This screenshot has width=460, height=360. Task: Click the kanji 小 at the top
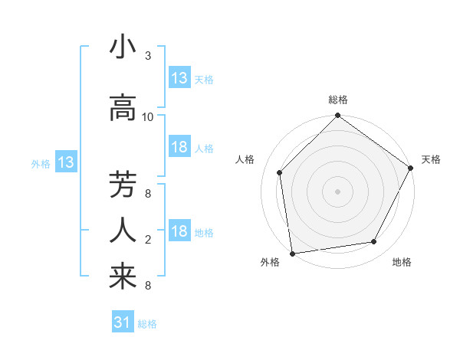123,47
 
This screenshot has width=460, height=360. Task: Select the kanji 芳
123,185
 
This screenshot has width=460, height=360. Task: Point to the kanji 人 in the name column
123,231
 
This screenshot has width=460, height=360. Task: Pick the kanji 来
123,277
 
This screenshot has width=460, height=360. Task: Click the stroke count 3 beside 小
148,56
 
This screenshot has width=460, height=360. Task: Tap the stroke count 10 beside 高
148,117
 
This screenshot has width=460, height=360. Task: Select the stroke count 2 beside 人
148,240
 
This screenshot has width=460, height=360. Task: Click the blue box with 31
122,322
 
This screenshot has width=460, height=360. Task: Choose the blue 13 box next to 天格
179,77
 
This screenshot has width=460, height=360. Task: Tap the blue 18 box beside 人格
179,147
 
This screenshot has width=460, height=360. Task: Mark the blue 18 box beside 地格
179,231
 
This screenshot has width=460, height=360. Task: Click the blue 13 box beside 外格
65,162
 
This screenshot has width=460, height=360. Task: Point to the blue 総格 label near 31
147,324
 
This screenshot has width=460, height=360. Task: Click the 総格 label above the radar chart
338,100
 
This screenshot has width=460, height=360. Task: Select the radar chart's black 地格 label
402,262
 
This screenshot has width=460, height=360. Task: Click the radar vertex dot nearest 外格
292,253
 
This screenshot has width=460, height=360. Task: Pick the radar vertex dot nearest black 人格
279,172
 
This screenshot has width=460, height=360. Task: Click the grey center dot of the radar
338,191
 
